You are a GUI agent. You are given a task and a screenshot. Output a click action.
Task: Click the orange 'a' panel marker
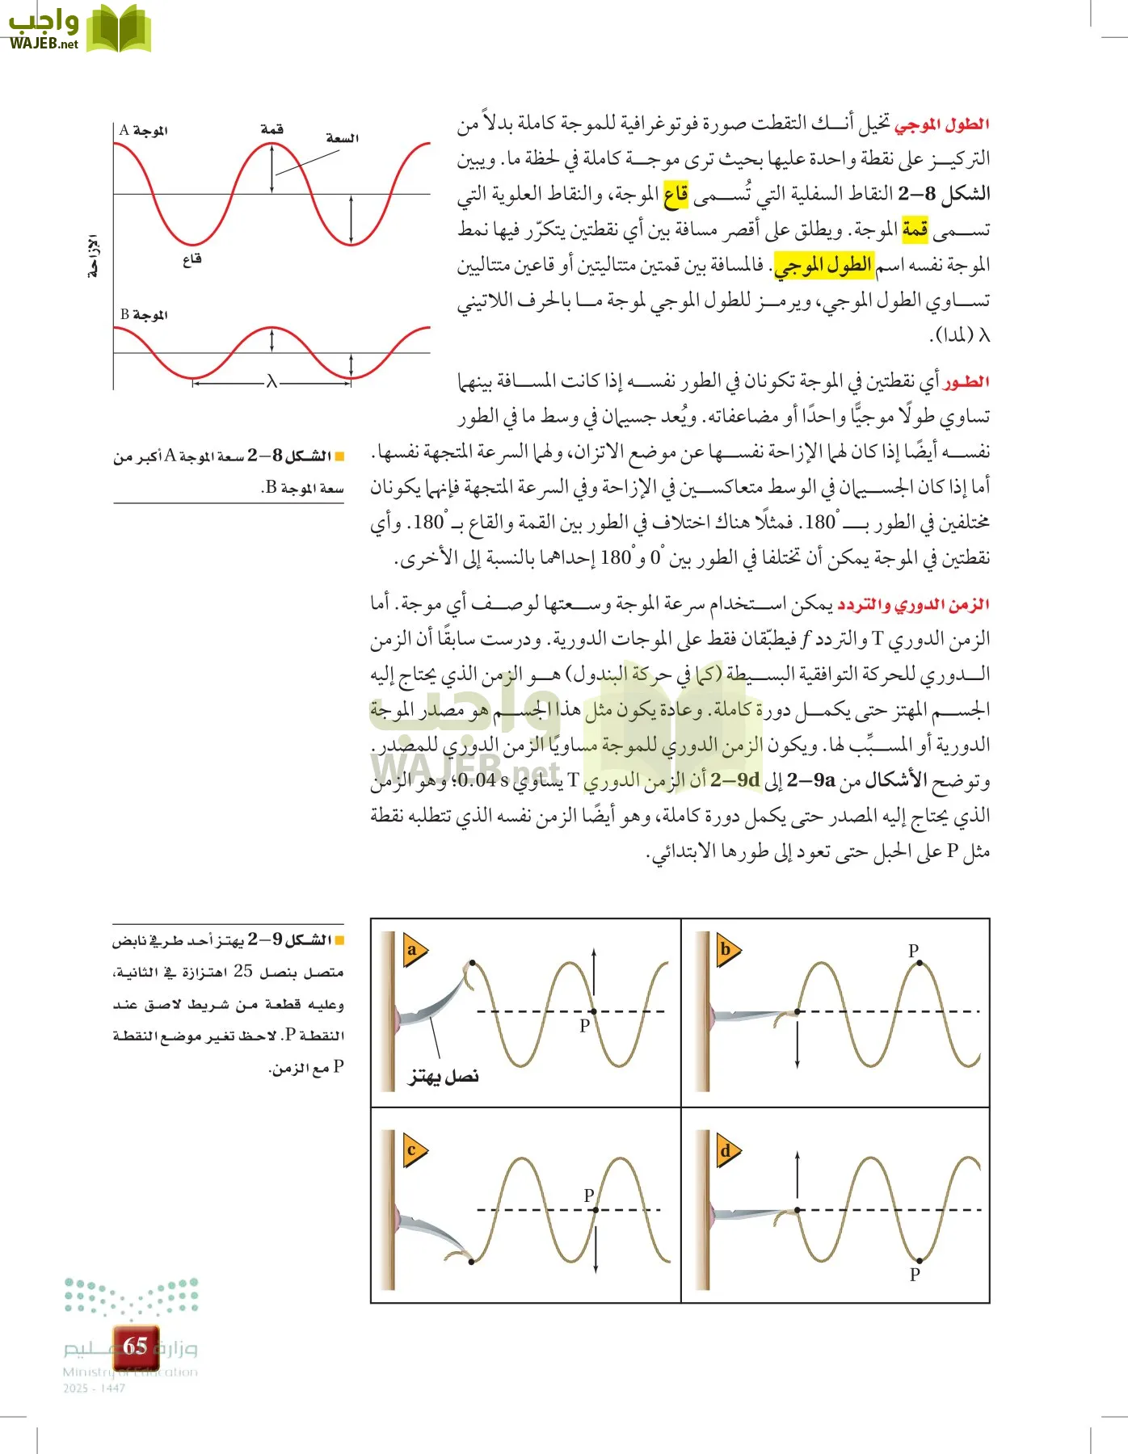pos(413,950)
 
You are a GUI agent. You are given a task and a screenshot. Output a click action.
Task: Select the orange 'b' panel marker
pos(726,950)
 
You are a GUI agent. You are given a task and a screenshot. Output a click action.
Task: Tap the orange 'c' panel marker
pos(413,1150)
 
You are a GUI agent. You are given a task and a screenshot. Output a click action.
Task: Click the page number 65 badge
pos(135,1346)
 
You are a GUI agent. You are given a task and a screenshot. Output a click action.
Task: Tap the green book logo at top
pos(119,30)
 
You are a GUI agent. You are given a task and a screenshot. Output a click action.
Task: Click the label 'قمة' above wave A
pos(272,129)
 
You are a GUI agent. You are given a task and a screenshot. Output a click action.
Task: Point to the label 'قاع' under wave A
pos(192,259)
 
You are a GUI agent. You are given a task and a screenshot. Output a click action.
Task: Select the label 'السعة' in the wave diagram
pos(342,138)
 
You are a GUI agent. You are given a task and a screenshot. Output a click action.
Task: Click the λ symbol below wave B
pos(271,382)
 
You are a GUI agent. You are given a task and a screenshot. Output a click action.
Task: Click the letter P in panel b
pos(913,951)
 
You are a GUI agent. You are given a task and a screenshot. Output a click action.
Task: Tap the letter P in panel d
pos(915,1274)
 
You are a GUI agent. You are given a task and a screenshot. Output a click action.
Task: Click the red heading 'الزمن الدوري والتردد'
pos(913,604)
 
